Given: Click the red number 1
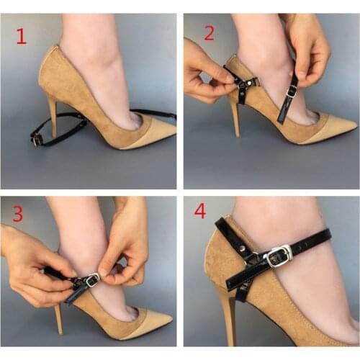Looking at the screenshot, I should coord(21,36).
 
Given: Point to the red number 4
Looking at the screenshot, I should coord(199,212).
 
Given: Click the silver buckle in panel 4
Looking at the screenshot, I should coord(277,256).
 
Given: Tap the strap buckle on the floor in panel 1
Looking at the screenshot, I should coord(36,139).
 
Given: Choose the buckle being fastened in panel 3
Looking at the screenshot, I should coord(91,282).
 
